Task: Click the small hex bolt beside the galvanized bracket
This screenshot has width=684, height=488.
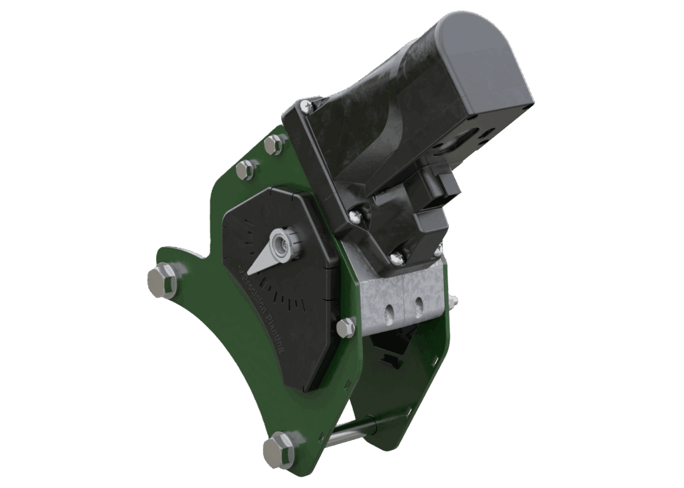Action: coord(346,327)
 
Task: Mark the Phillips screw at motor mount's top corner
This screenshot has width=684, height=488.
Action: coord(307,105)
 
